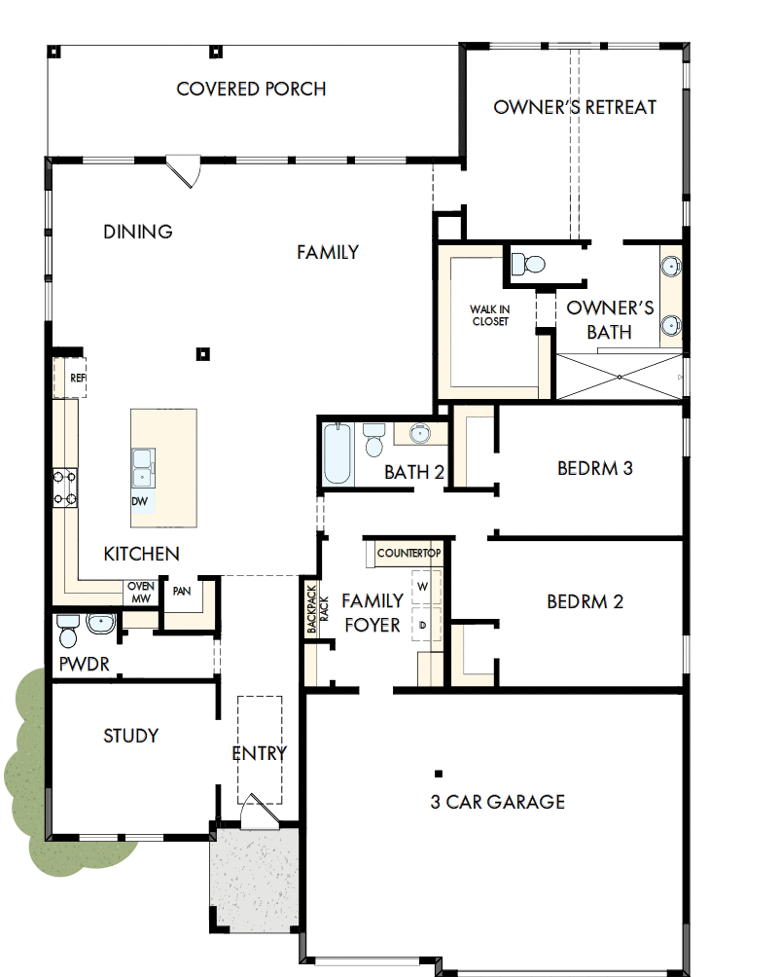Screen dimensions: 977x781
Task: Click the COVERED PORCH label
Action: pos(251,90)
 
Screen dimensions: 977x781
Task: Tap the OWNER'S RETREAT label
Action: pos(575,107)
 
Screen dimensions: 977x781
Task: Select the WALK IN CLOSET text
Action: pos(489,315)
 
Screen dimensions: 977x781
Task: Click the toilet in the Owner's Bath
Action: pos(529,263)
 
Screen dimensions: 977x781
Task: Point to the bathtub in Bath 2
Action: pos(337,452)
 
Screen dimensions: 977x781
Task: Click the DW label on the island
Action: pos(140,501)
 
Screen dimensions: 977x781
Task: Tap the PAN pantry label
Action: pos(181,591)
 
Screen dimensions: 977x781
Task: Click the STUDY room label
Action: pos(131,736)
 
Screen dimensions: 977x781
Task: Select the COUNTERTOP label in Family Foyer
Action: pos(408,553)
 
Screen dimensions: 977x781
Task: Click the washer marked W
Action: pos(423,588)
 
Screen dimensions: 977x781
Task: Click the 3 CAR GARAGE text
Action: pos(497,802)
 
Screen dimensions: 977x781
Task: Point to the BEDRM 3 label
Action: pos(594,468)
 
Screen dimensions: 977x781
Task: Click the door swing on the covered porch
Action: pos(184,171)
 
